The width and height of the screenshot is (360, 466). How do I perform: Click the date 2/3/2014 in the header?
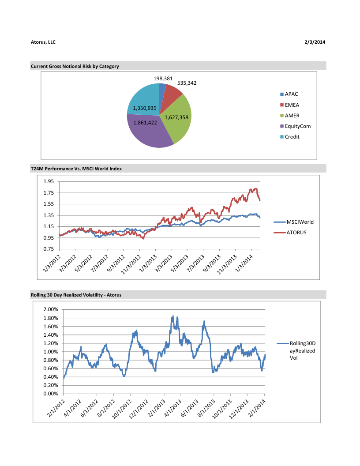tap(315, 42)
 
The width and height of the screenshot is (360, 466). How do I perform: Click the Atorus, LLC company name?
tap(43, 42)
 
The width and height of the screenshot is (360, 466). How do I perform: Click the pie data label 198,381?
tap(163, 79)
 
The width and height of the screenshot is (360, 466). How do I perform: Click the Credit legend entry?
tap(292, 137)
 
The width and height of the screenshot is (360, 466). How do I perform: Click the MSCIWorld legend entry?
tap(300, 222)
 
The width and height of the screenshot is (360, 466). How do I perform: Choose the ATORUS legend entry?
tap(296, 233)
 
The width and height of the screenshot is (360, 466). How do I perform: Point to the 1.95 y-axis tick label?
tap(49, 181)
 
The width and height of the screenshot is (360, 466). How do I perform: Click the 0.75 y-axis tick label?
tap(49, 249)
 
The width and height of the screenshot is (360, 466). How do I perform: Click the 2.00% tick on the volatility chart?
tap(52, 310)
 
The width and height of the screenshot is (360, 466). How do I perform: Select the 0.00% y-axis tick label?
tap(52, 394)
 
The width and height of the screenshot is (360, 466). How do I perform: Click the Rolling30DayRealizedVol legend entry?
tap(302, 351)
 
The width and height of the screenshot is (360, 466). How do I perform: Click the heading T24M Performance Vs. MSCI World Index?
tap(76, 169)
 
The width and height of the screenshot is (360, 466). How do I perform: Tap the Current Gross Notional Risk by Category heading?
tap(75, 66)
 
